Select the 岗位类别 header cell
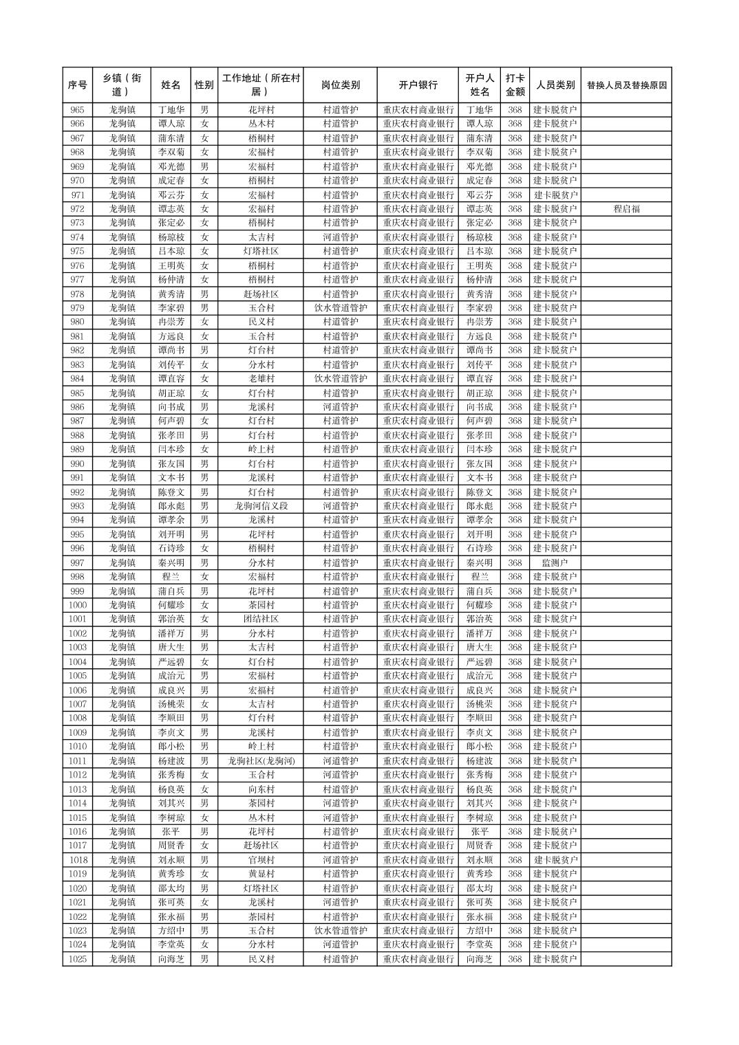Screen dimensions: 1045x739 pos(340,85)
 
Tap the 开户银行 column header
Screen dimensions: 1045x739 pos(418,85)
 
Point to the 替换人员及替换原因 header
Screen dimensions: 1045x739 pos(626,85)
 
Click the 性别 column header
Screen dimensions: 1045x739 pos(204,85)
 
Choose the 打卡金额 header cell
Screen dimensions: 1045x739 pos(515,85)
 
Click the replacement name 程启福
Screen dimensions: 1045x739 pos(626,209)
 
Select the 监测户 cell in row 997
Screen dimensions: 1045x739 pos(555,563)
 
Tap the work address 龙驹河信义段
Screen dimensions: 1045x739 pos(261,506)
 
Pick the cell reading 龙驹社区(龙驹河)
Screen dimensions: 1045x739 pos(261,761)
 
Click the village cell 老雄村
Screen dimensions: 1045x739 pos(261,379)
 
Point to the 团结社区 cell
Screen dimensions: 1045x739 pos(261,619)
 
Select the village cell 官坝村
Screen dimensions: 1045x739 pos(261,860)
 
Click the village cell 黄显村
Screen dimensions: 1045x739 pos(261,874)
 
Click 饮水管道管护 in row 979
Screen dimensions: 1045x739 pos(340,308)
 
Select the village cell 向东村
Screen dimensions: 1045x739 pos(261,789)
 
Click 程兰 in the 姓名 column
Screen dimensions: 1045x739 pos(171,577)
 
